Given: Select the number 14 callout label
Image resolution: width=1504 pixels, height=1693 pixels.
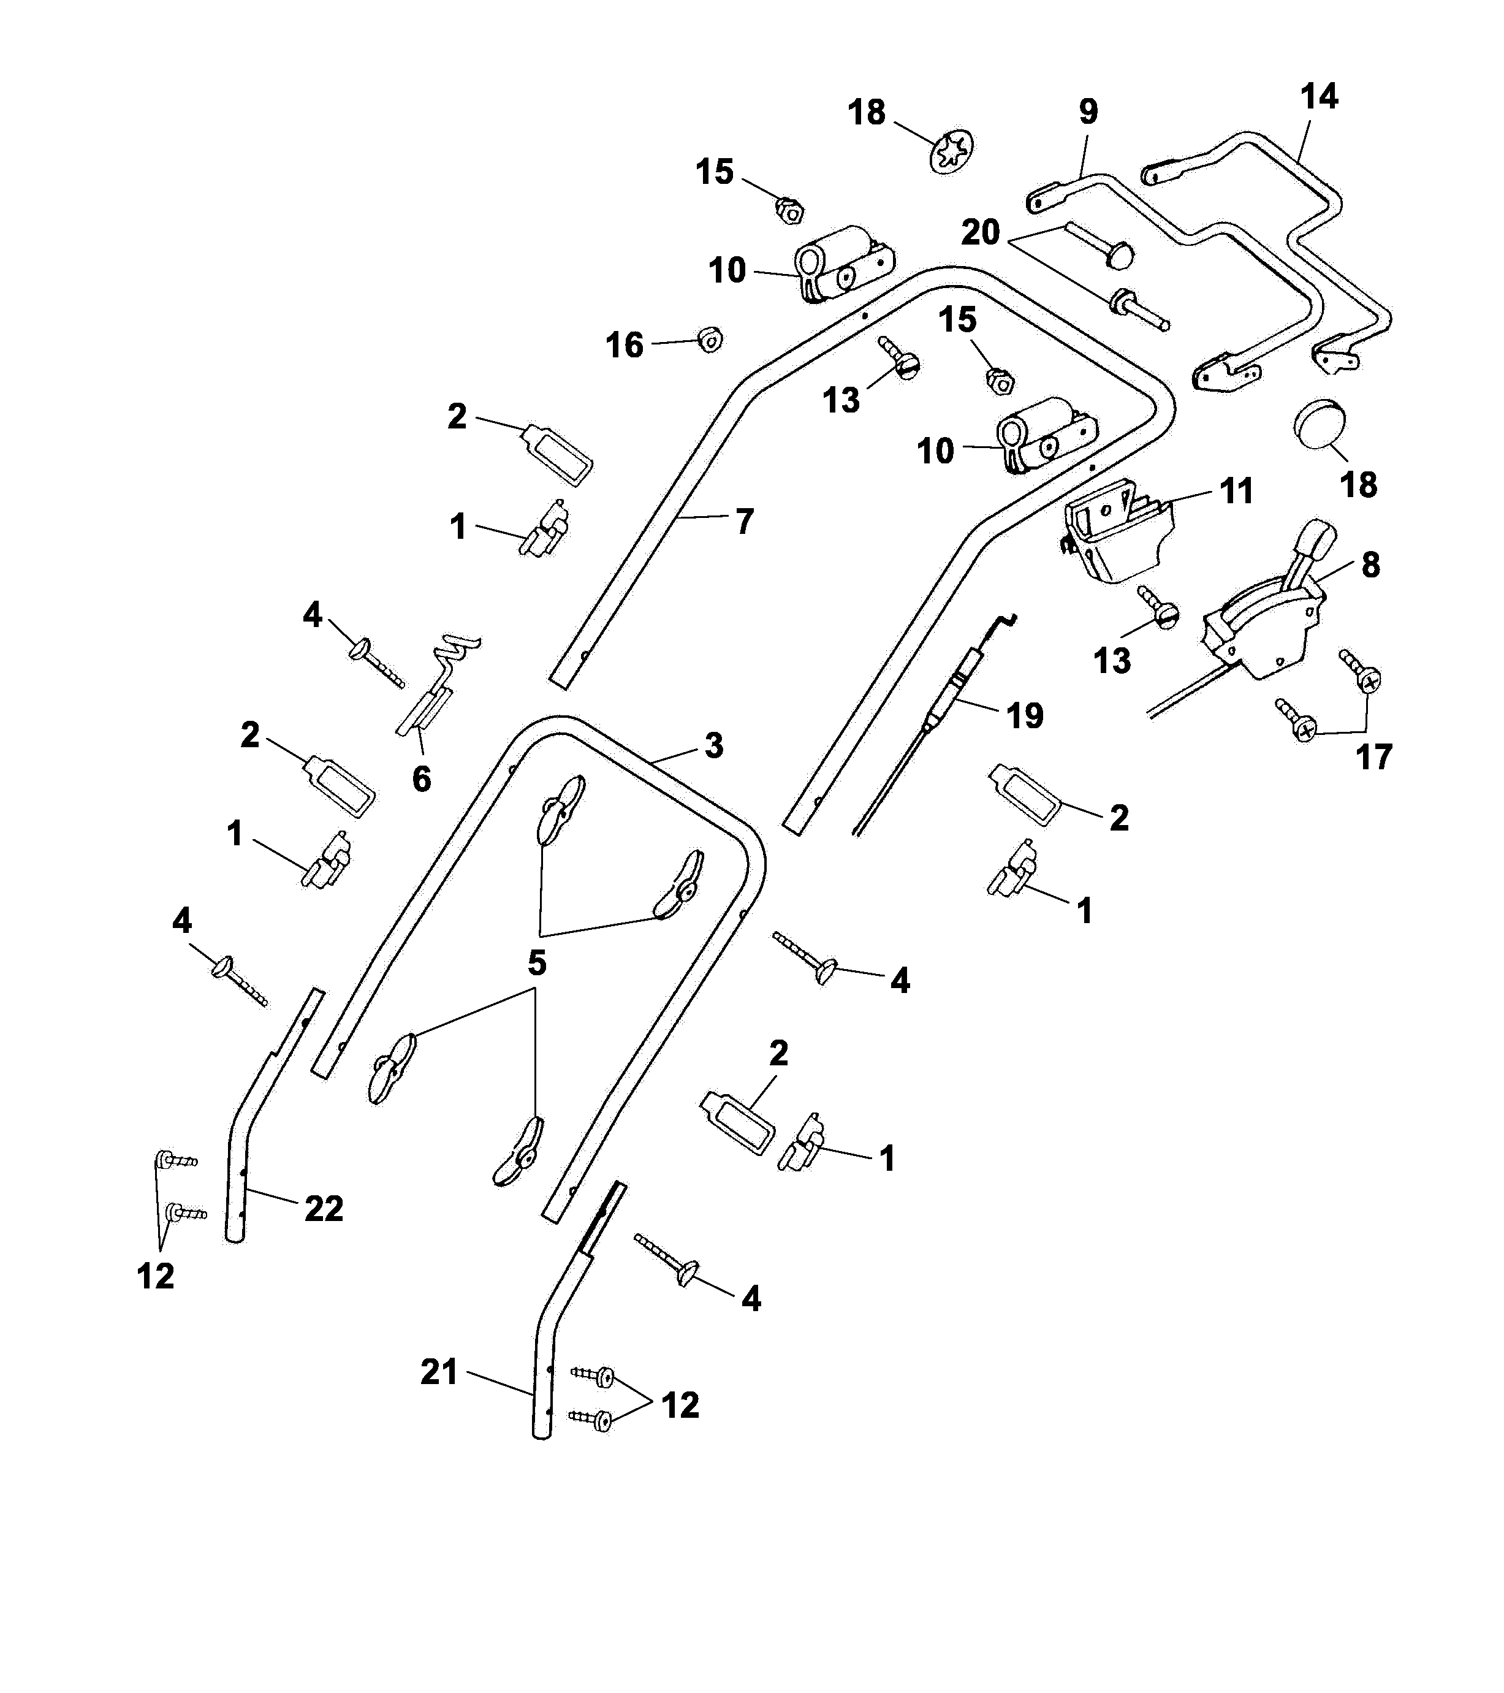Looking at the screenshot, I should pos(1318,97).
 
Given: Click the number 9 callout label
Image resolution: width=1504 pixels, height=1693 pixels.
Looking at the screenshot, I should pos(1088,112).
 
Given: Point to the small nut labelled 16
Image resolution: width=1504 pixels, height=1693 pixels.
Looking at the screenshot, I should pos(710,339).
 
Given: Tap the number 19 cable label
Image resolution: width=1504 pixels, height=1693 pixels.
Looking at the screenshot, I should pos(1025,715).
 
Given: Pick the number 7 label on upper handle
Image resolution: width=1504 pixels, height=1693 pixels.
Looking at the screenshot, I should pos(745,522).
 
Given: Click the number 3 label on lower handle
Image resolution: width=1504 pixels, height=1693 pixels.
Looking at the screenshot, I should pos(714,745).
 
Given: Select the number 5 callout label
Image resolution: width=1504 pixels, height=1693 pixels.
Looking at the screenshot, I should pos(537,962).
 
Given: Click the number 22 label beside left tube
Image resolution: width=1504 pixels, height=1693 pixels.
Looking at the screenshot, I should pos(324,1209).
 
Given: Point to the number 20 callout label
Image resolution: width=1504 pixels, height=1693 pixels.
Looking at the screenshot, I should pos(981,233).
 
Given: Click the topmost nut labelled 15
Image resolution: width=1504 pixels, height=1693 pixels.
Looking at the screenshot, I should pos(789,210).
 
